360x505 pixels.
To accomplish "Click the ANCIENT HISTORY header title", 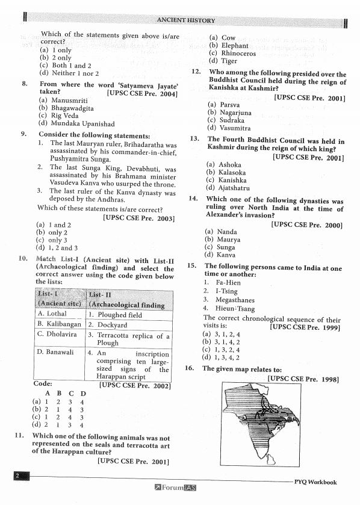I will click(185, 20).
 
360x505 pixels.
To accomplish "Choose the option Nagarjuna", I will click(228, 112).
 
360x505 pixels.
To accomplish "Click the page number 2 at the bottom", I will click(18, 476).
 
